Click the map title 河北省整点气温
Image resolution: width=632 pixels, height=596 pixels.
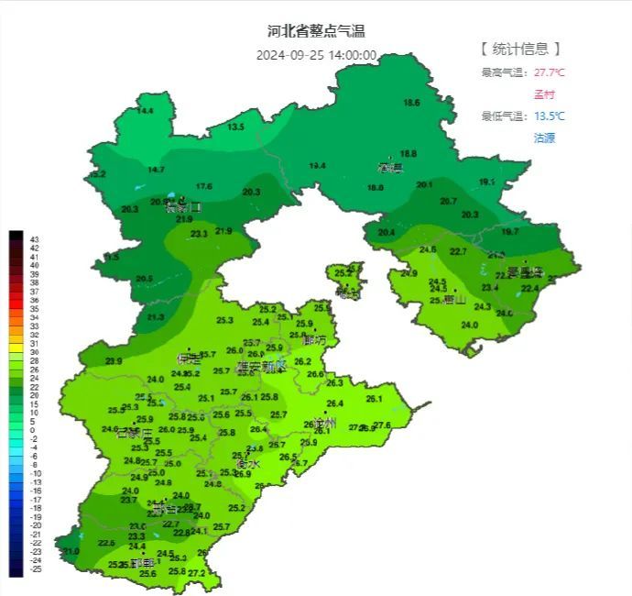(x=316, y=32)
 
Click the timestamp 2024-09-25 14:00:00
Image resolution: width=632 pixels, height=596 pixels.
(x=316, y=55)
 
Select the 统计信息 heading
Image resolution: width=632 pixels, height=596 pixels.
(x=519, y=49)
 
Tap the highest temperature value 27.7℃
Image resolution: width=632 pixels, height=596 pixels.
(x=550, y=72)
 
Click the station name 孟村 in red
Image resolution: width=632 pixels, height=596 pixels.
(x=545, y=94)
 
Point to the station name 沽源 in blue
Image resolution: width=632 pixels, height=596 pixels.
(x=545, y=138)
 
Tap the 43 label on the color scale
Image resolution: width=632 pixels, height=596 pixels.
(x=35, y=238)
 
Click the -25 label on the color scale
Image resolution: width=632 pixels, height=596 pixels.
(x=35, y=569)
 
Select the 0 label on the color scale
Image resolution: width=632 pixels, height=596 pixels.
(x=35, y=429)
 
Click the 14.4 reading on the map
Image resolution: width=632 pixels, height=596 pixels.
(x=145, y=111)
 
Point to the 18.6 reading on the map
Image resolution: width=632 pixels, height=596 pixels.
(x=412, y=103)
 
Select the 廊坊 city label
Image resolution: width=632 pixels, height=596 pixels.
(x=313, y=340)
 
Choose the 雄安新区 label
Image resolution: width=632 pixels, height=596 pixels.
(x=261, y=366)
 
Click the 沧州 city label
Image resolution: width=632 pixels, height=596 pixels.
(x=324, y=424)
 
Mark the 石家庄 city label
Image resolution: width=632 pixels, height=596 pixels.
(x=134, y=433)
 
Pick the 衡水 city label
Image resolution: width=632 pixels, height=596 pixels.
(x=247, y=464)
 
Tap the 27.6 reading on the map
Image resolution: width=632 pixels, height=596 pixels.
(x=382, y=425)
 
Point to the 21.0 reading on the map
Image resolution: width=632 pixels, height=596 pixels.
(x=71, y=551)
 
